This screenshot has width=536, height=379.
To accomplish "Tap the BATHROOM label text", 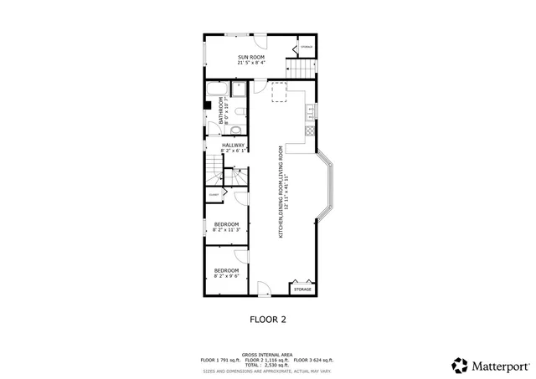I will click(223, 110).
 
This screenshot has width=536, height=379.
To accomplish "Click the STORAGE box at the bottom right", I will click(302, 289).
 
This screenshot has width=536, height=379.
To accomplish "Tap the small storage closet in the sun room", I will click(307, 49).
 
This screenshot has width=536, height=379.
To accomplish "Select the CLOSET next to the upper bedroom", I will click(214, 195).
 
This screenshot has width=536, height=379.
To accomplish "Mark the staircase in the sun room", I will click(301, 69).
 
